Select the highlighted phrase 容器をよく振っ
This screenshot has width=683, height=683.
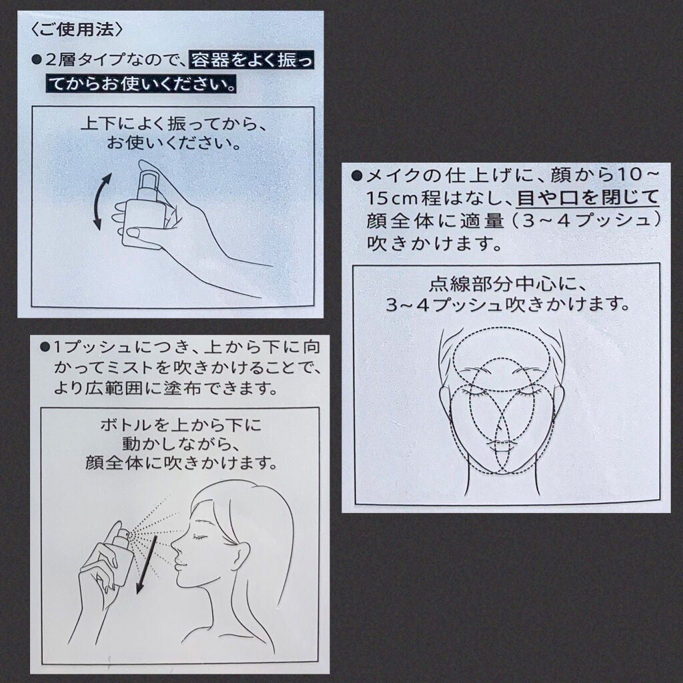coord(251,61)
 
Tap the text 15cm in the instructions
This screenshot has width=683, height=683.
coord(394,197)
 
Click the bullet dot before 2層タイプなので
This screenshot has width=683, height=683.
coord(37,61)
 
